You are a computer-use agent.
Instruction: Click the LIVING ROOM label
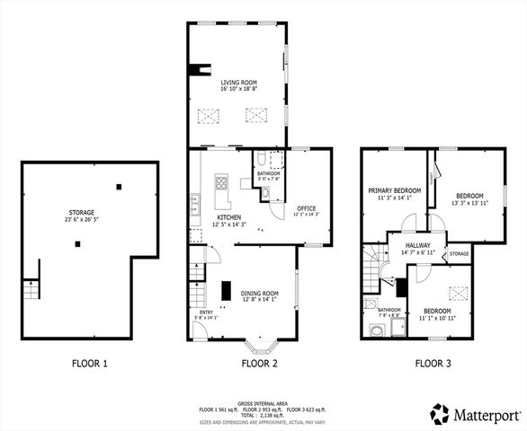(x=239, y=82)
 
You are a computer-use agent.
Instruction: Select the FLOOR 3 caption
(x=435, y=364)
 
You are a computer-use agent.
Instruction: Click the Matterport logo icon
(x=439, y=413)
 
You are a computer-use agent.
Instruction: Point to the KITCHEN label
(x=228, y=217)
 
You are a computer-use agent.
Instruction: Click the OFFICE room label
(x=307, y=208)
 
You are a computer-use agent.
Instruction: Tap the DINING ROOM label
(x=259, y=293)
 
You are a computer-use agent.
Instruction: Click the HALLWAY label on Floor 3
(x=417, y=245)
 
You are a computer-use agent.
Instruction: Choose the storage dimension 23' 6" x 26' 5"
(x=82, y=220)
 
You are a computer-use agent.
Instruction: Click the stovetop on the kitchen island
(x=221, y=186)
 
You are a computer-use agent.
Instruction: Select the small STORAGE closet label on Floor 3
(x=459, y=254)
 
